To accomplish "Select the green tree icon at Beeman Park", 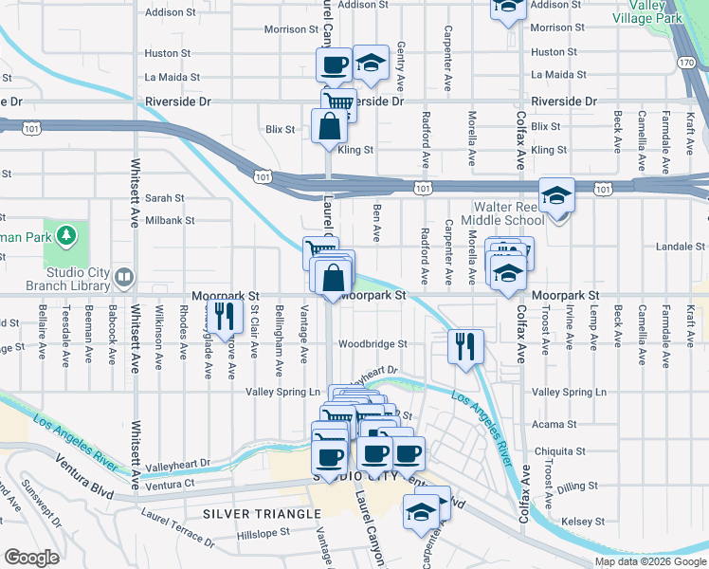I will coord(65,233).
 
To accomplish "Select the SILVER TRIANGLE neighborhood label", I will coord(262,514).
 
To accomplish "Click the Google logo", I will coord(32,558).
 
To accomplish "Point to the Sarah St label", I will coord(164,198).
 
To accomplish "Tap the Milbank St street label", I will coord(170,220).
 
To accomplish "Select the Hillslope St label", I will coord(267,535).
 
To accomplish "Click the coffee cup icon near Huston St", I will coord(333,65).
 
